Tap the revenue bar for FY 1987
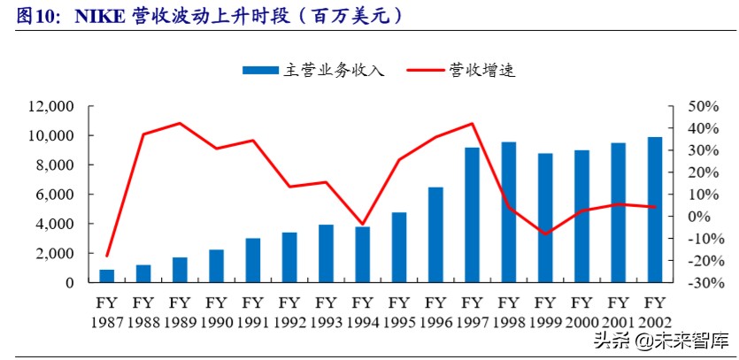click(x=107, y=276)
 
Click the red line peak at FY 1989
click(x=180, y=123)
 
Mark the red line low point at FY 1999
click(x=545, y=234)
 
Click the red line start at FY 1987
click(x=107, y=256)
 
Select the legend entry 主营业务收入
click(x=319, y=70)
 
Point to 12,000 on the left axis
click(x=50, y=106)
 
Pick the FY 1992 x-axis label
click(x=289, y=310)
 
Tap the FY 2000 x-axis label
click(x=581, y=310)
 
